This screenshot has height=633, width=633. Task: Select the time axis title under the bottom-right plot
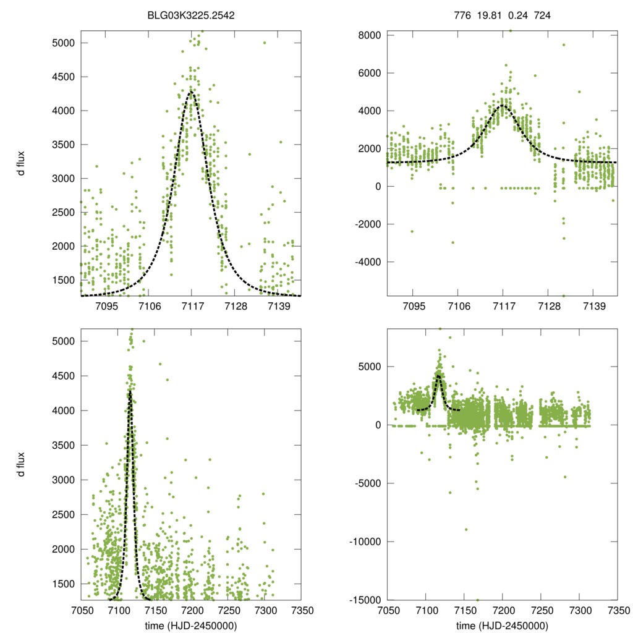502,625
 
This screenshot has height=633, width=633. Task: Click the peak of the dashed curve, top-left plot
192,91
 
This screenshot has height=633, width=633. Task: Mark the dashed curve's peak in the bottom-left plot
130,390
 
